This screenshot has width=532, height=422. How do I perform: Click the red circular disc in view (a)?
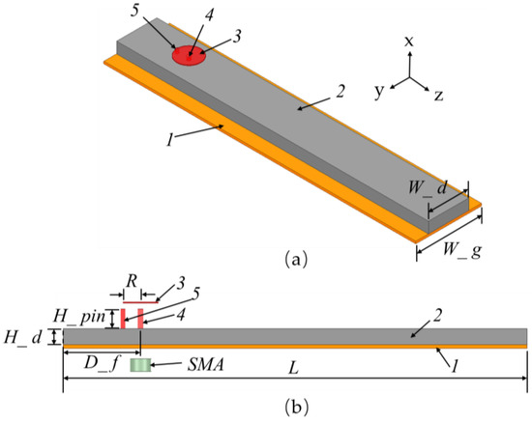pos(189,56)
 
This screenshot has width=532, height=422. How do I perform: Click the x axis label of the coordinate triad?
pos(410,42)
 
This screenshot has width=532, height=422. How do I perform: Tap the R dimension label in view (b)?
pos(132,280)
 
